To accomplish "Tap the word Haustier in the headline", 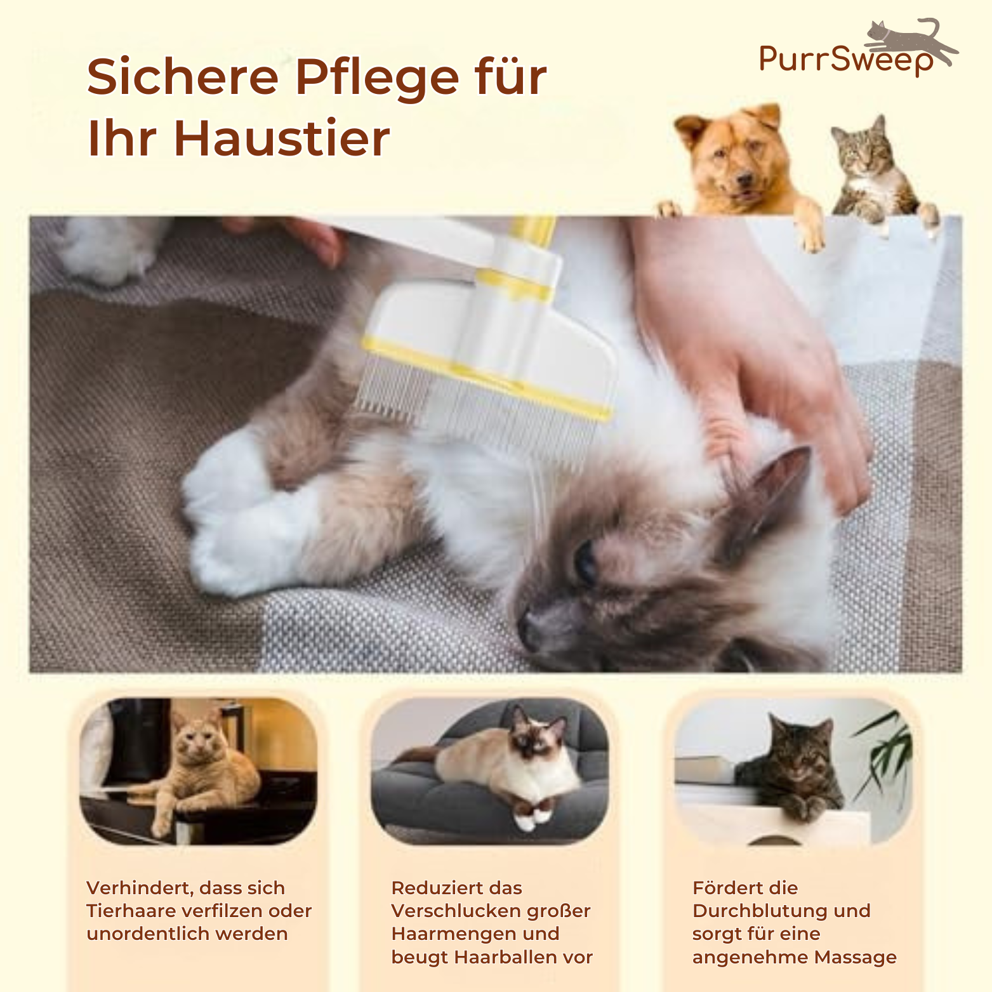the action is [282, 138].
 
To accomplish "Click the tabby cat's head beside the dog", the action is [862, 146].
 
